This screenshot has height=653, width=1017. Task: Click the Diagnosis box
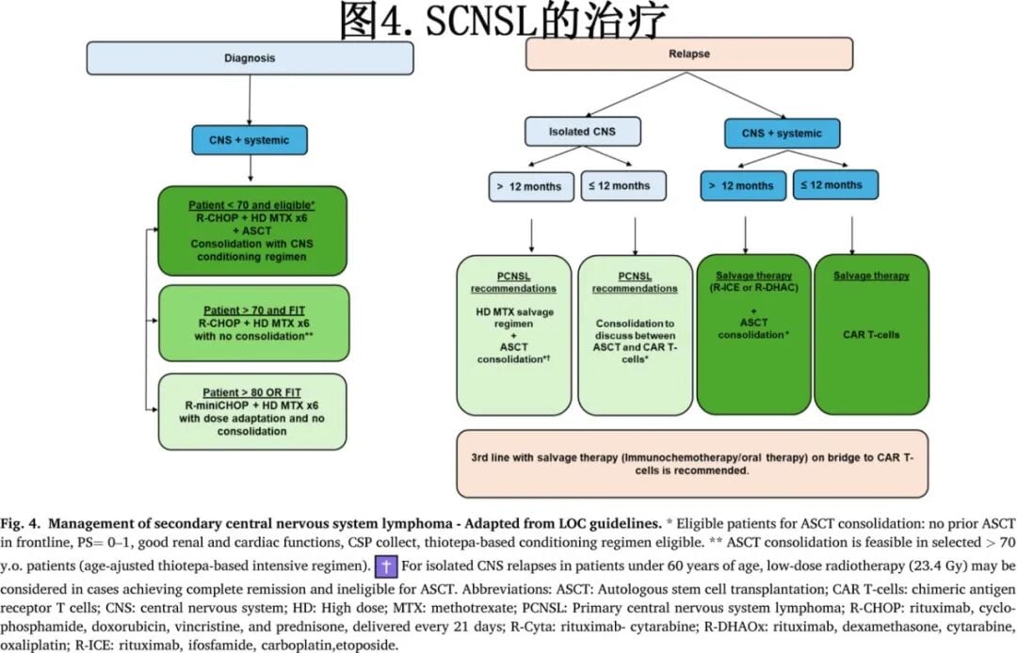(250, 57)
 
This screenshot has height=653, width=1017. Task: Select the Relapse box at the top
(688, 54)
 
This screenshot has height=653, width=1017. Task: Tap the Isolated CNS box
(582, 132)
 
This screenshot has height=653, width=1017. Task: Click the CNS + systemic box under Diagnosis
(250, 140)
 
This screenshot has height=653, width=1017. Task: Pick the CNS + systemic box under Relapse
(781, 133)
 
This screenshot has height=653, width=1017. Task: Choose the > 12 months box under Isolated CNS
(528, 185)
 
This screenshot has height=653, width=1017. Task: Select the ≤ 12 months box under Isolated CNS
(622, 185)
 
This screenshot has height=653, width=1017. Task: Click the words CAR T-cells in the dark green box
(871, 333)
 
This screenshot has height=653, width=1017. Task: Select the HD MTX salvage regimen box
(513, 334)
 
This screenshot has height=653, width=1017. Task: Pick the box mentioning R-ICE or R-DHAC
(753, 334)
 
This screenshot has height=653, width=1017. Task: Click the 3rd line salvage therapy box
(692, 463)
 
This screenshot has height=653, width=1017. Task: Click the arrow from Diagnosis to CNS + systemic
(250, 99)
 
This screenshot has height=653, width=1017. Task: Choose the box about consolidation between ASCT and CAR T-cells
(635, 334)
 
